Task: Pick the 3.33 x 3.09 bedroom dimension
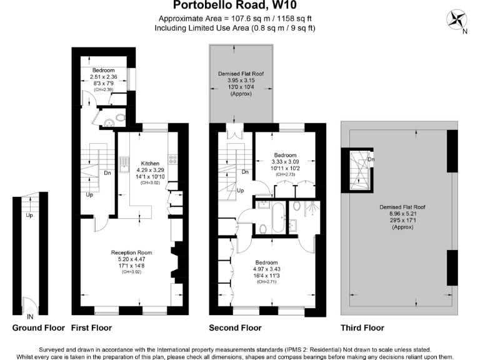(x=285, y=161)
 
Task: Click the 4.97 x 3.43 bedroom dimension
(x=270, y=269)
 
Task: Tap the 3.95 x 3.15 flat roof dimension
(x=241, y=81)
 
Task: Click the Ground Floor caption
(x=37, y=327)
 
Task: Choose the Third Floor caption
(x=362, y=327)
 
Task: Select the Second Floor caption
(x=234, y=327)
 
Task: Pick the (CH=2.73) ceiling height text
(x=285, y=175)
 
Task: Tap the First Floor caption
(x=91, y=327)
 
